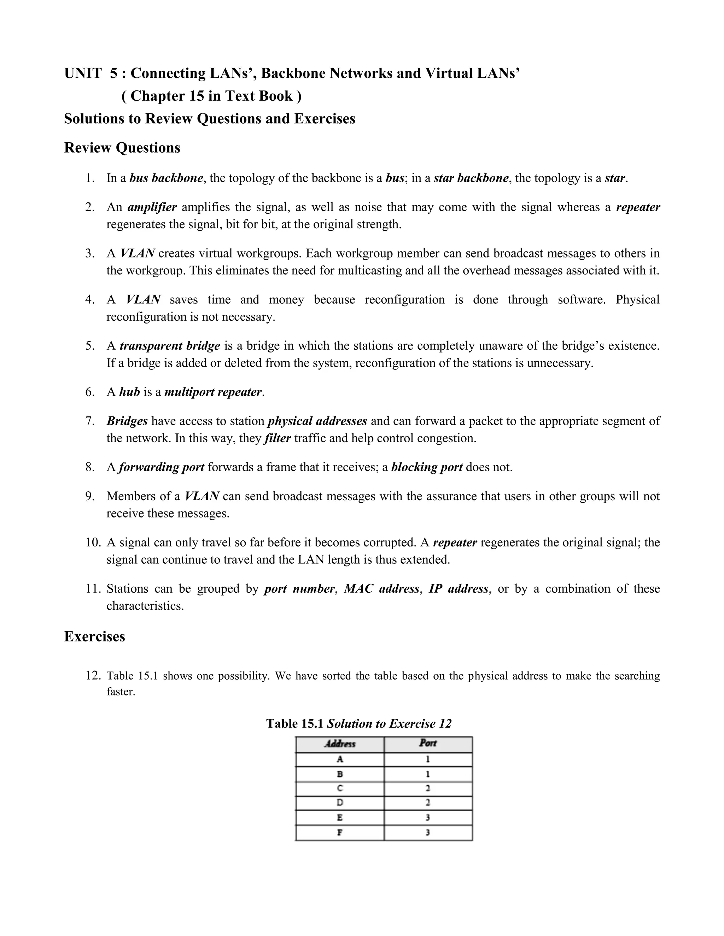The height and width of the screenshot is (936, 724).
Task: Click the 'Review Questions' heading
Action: click(x=122, y=147)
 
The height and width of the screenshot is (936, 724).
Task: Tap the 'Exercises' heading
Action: click(x=94, y=636)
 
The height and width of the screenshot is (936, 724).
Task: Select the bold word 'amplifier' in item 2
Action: click(x=152, y=207)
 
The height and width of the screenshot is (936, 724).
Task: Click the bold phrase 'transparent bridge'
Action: click(x=170, y=346)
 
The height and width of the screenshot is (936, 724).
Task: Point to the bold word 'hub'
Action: click(x=129, y=392)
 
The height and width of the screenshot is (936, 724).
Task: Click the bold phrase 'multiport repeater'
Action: click(x=213, y=392)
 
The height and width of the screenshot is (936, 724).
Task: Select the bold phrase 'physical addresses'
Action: click(x=317, y=421)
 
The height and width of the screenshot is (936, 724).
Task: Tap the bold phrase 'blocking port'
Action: click(x=427, y=467)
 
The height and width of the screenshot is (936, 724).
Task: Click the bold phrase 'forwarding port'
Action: click(x=161, y=467)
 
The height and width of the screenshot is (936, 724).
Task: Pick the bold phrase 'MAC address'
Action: click(x=381, y=589)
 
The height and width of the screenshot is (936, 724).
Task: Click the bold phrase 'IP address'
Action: click(x=458, y=589)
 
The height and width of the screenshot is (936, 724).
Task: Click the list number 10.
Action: click(x=92, y=543)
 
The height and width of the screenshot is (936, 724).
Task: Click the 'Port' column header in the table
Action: click(x=428, y=743)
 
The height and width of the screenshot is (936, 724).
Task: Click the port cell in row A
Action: click(x=428, y=759)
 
